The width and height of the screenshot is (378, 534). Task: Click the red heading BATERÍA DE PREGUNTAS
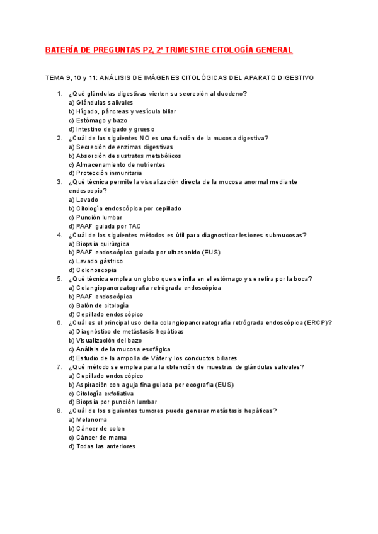[x=169, y=50]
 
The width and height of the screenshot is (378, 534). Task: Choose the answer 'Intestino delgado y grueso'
[x=111, y=129]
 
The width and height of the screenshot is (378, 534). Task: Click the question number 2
[x=59, y=138]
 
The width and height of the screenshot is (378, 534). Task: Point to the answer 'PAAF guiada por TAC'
[x=104, y=226]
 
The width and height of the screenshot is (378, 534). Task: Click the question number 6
[x=59, y=322]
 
